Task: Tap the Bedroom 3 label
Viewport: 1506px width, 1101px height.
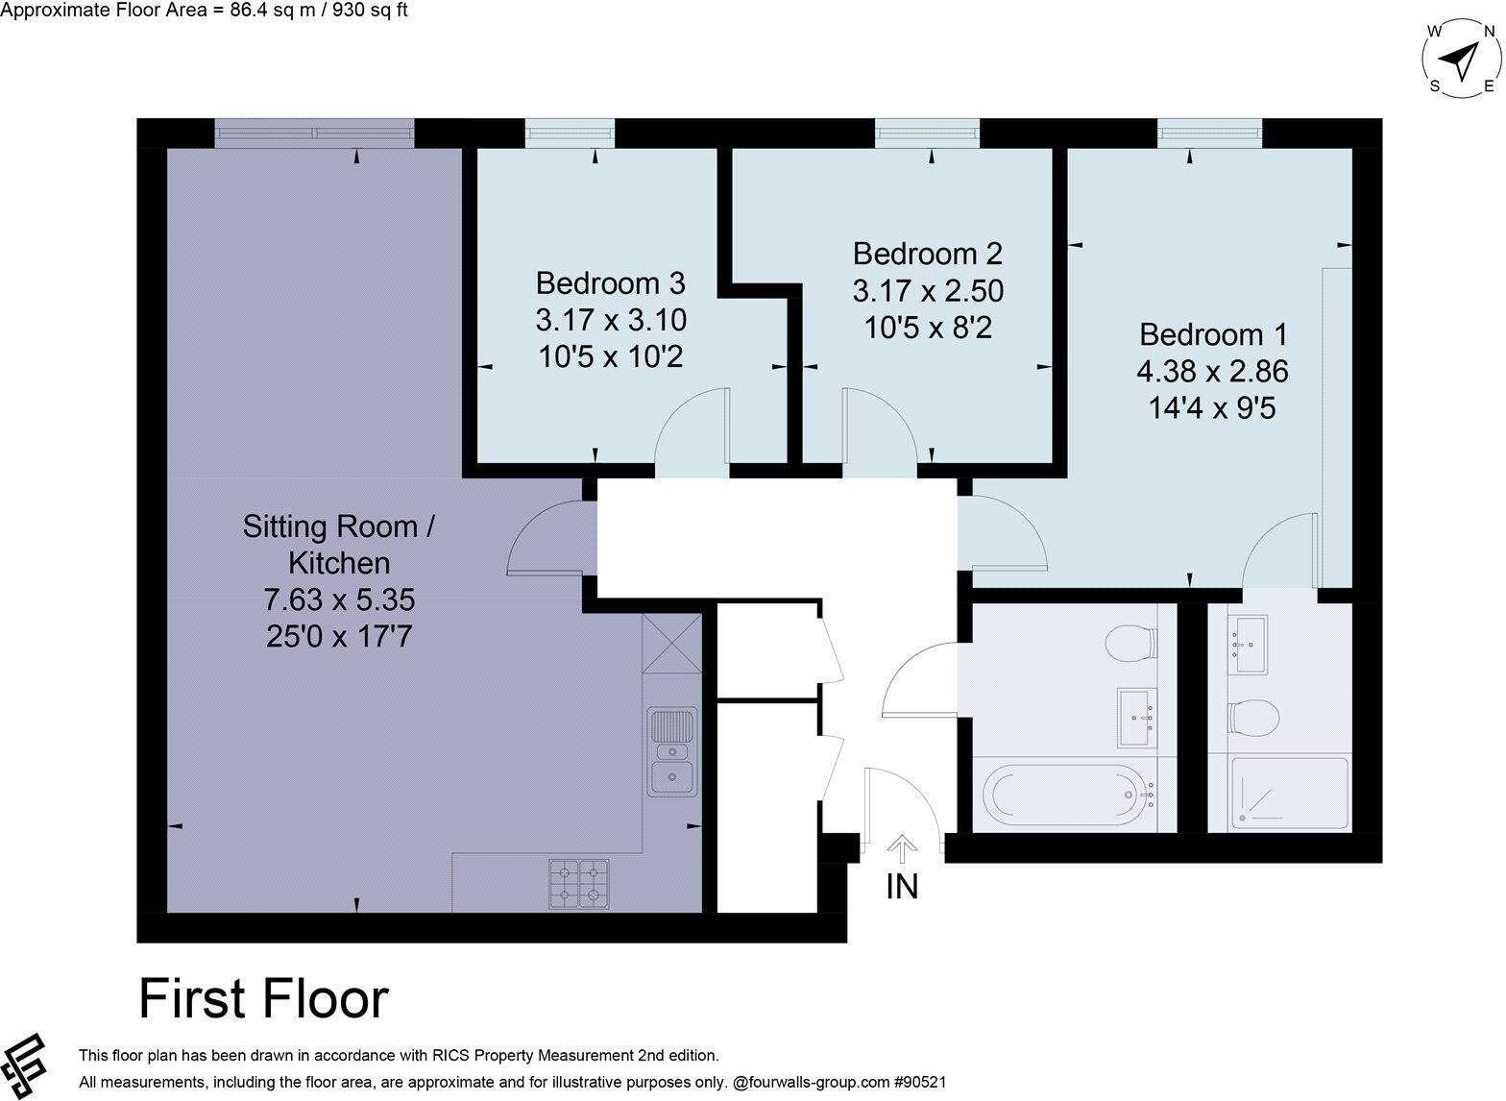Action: click(611, 283)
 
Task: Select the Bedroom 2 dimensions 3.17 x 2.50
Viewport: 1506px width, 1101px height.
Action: click(928, 290)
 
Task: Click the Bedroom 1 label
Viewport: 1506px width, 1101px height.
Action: click(1212, 334)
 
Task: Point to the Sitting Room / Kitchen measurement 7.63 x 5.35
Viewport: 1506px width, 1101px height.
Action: click(339, 600)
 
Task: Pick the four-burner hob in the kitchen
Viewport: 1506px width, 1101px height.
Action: click(579, 884)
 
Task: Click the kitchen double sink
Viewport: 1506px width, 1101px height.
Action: click(672, 752)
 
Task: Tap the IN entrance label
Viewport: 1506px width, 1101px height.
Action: click(902, 886)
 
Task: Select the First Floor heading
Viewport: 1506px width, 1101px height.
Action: click(263, 999)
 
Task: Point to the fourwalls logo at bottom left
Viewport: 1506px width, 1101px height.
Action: click(26, 1067)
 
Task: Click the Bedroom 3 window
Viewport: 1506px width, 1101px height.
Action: click(570, 134)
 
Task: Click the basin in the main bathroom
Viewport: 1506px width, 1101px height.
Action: click(1137, 717)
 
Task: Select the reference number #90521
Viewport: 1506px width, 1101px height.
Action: click(920, 1082)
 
